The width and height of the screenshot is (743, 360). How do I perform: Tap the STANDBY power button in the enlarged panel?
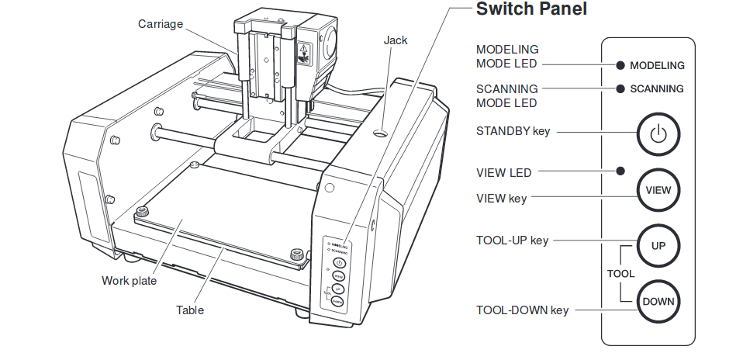tap(658, 133)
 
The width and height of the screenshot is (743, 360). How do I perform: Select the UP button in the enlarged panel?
tap(658, 245)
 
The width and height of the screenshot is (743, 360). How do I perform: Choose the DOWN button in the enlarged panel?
tap(658, 301)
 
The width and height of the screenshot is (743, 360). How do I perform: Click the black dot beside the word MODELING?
tap(620, 66)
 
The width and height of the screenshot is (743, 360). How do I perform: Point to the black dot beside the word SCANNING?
tap(620, 88)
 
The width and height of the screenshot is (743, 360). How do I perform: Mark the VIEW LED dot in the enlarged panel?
tap(620, 171)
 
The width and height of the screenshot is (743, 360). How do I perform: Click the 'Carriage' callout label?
tap(161, 24)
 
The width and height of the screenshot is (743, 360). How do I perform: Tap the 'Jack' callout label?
tap(395, 40)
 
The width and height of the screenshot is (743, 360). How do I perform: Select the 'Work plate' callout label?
tap(129, 281)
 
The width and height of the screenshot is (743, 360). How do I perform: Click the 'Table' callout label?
tap(190, 310)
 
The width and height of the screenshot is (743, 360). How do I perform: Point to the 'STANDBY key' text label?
tap(513, 131)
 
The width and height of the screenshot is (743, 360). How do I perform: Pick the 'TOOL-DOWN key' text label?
tap(522, 310)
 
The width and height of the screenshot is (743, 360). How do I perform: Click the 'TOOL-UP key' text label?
tap(512, 241)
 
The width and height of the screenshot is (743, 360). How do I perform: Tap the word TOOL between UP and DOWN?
tap(620, 274)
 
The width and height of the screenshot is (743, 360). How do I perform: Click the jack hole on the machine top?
tap(382, 134)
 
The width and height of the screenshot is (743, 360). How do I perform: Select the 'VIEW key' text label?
tap(501, 199)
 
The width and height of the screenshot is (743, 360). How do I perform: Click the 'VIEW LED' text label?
tap(503, 172)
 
